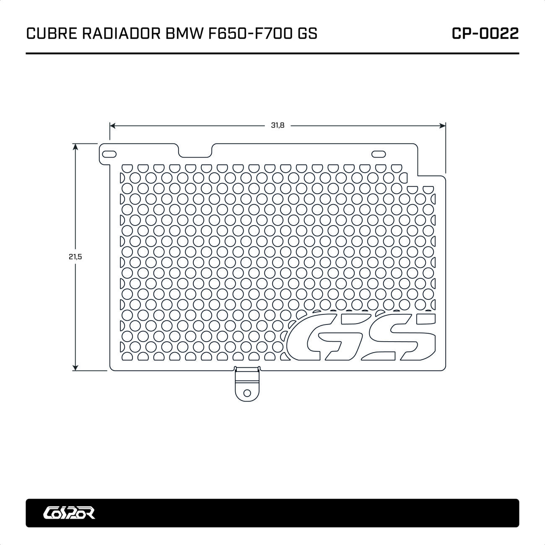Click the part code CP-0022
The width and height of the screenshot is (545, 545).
click(485, 34)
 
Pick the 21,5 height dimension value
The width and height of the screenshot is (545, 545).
click(75, 257)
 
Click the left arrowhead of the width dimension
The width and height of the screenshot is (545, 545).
click(112, 125)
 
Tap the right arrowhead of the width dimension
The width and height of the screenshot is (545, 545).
click(442, 125)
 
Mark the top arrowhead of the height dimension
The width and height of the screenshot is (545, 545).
click(75, 146)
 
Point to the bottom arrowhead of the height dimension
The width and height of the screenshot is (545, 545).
click(75, 368)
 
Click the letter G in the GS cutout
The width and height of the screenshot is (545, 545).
click(322, 338)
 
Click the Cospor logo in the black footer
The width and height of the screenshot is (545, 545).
click(70, 513)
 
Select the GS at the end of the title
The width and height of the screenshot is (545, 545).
click(307, 34)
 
